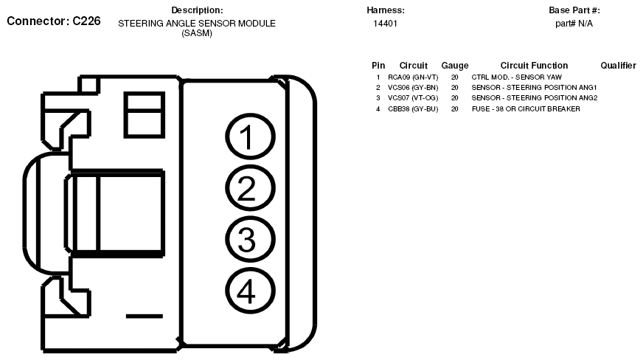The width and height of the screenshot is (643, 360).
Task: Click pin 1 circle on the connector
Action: coord(249,139)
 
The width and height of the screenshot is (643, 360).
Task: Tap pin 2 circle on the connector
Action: coord(249,190)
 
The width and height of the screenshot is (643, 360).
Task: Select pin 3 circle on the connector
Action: coord(249,240)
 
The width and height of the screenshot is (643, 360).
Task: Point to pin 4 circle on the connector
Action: coord(249,292)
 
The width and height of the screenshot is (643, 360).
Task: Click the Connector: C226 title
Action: coord(53,21)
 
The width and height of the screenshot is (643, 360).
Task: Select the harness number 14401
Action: coord(386,24)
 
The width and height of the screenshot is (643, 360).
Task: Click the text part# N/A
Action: coord(574,24)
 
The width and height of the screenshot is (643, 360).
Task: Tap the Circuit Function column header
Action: coord(534,66)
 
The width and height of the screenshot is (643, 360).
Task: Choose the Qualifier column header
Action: coord(618,66)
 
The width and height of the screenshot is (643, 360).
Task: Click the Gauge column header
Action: coord(454,66)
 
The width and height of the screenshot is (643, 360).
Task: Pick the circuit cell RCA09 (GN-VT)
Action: coord(413,77)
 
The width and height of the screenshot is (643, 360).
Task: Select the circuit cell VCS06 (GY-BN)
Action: coord(413,87)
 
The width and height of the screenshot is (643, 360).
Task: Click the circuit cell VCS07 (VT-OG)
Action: coord(413,97)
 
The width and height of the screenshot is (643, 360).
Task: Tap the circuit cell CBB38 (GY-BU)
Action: coord(413,108)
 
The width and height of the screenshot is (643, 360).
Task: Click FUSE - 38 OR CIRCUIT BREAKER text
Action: coord(526,108)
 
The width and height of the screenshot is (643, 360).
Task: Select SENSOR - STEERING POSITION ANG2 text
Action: coord(534,97)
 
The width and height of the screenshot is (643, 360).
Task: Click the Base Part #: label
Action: coord(574,10)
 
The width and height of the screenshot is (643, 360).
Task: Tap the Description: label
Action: coord(197,10)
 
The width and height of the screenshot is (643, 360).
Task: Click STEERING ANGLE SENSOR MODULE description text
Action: coord(197,24)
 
